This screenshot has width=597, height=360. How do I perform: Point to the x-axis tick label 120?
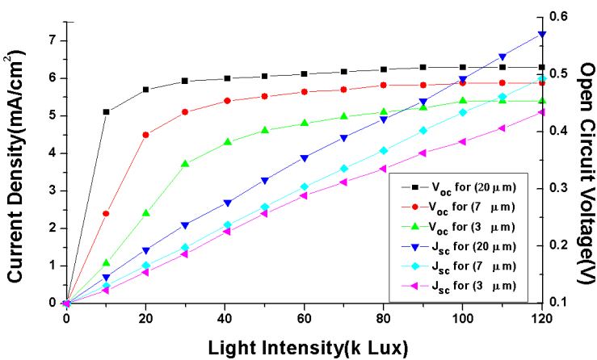tap(540, 318)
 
